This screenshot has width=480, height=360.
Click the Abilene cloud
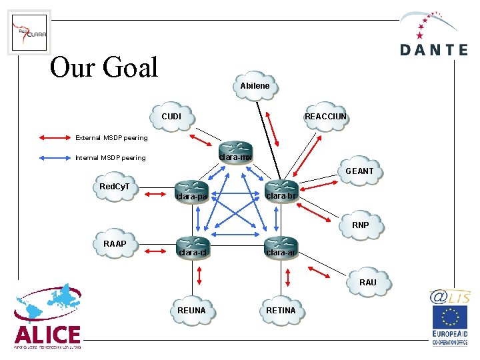[255, 86]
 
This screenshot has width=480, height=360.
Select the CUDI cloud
[171, 117]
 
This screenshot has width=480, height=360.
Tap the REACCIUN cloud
[325, 117]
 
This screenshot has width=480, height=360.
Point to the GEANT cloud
[359, 171]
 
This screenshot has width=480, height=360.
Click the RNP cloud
[360, 225]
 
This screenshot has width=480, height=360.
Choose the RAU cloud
[367, 282]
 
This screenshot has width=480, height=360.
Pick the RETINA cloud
[281, 311]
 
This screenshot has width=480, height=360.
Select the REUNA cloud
[192, 311]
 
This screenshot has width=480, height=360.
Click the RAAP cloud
[115, 244]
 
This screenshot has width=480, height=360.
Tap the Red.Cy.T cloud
[115, 187]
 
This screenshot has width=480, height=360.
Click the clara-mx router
[237, 151]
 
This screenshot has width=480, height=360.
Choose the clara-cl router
[192, 246]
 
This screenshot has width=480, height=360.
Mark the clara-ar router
[281, 246]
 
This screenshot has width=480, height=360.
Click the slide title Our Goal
[104, 67]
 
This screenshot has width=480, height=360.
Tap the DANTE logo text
[434, 50]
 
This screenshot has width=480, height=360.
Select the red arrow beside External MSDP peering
[57, 138]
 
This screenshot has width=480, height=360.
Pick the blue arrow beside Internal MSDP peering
[57, 158]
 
